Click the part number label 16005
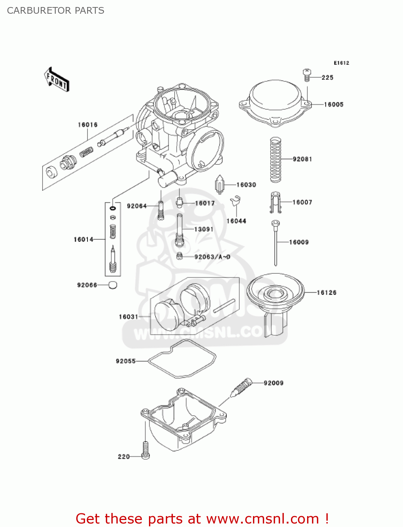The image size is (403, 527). pos(333,104)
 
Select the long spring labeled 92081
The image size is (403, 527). pos(275,160)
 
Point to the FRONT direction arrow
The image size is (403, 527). pos(57,80)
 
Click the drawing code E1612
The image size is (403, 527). pos(341,63)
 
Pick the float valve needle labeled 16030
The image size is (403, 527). pos(220,184)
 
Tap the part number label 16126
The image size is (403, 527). pos(326,292)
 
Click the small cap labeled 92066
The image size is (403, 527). pos(112,285)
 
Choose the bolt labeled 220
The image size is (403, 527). pos(145,450)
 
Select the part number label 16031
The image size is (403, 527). pos(128,317)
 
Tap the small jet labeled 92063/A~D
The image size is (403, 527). pos(179,256)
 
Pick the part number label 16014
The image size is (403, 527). pos(83,239)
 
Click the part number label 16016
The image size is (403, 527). pos(87,125)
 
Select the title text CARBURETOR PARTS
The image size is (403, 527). pos(56,11)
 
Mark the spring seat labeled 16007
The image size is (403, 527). pos(276,202)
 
